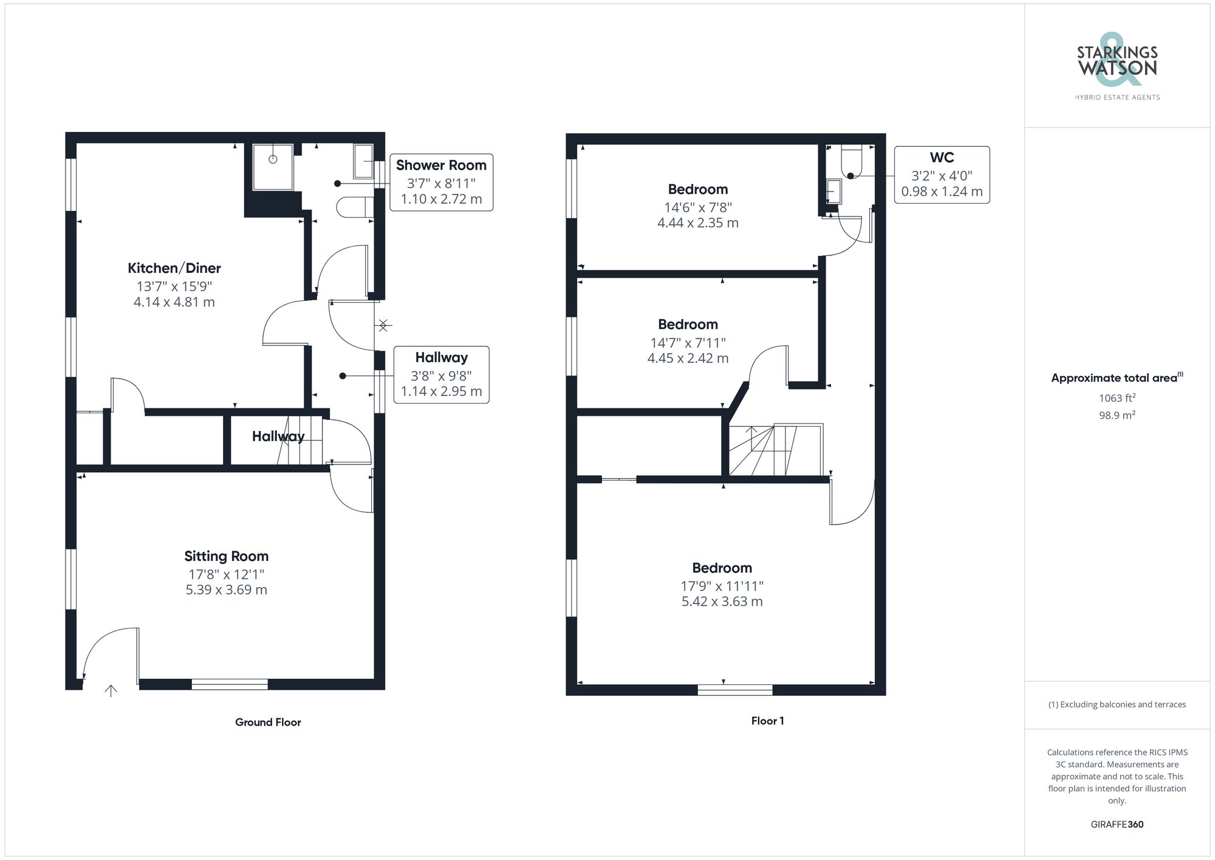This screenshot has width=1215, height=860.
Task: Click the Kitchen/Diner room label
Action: pos(174,268)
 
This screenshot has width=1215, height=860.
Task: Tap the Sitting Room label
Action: pos(226,556)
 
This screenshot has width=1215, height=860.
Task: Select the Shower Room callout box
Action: pos(441,182)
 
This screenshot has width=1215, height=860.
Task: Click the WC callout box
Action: pos(942,175)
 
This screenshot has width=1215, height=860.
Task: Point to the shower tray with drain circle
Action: pos(273,167)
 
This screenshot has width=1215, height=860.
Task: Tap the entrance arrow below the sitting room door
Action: pos(111,690)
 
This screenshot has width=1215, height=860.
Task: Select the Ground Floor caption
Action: pos(268,722)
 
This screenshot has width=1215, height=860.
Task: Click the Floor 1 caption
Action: pos(767,721)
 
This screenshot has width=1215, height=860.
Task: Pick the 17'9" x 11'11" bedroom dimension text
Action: pos(722,586)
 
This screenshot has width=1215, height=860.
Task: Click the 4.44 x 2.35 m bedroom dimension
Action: pos(697,223)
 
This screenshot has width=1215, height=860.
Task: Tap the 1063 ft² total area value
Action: pos(1117,398)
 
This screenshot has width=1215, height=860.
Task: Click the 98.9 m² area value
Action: pos(1117,415)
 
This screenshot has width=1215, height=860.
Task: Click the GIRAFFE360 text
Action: pos(1117,824)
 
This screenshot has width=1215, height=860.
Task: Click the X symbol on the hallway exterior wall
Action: pos(383,326)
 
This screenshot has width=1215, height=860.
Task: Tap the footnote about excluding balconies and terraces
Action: pos(1117,704)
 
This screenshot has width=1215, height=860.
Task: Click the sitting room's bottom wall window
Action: pos(230,684)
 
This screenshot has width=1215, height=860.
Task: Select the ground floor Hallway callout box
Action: pos(441,374)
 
